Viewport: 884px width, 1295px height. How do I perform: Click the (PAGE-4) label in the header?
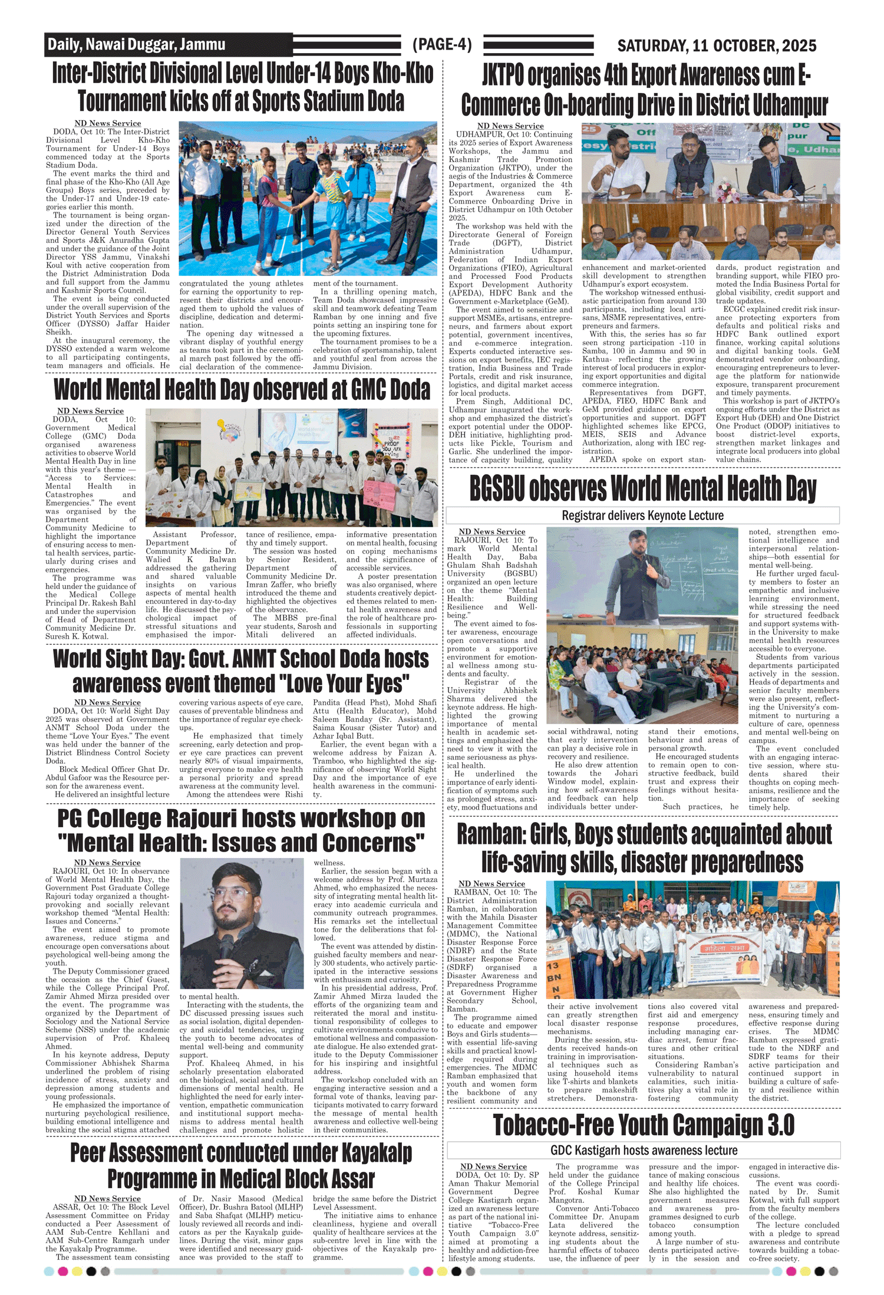[442, 45]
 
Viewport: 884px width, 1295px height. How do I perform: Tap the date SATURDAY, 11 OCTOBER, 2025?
[717, 45]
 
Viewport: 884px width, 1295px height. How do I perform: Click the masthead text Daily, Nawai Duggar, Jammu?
[136, 45]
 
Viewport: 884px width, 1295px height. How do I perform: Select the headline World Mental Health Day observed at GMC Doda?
[242, 390]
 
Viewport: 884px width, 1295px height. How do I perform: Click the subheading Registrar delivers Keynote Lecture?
[642, 515]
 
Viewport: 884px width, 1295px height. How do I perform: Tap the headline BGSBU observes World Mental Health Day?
[642, 489]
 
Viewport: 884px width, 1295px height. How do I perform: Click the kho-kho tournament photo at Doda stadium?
[308, 199]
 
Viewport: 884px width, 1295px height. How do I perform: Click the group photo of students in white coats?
[291, 468]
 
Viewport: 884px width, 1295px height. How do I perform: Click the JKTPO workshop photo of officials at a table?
[710, 192]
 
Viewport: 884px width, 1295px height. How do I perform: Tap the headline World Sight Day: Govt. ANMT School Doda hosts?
[241, 659]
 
